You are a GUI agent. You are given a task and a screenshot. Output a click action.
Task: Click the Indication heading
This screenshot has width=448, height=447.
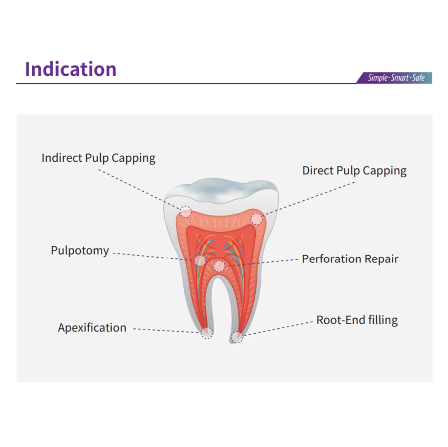coord(71,69)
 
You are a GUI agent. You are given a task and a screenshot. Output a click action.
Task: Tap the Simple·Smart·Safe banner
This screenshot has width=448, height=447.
coord(394,78)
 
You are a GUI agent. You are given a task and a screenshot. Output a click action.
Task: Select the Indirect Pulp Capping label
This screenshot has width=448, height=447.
coord(98,158)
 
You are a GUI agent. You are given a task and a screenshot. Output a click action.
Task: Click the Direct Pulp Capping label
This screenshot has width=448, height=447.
coord(354,171)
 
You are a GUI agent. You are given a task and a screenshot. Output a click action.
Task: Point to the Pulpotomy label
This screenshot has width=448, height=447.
coord(80,251)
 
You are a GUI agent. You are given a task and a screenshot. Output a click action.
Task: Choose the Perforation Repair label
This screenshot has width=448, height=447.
coord(350,259)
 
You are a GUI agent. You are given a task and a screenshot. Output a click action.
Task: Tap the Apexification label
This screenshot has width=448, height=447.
coord(92,328)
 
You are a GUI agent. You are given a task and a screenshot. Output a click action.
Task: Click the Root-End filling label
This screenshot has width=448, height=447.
coord(357,320)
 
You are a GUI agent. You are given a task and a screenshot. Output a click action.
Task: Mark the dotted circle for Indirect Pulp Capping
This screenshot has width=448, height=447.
coord(186,212)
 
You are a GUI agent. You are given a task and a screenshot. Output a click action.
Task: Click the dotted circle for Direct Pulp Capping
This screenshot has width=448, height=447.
coord(256,218)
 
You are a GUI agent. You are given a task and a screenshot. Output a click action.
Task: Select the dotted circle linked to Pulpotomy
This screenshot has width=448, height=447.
coord(200,260)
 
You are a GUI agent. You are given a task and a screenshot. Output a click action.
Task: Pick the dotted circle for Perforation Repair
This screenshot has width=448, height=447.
coord(219,266)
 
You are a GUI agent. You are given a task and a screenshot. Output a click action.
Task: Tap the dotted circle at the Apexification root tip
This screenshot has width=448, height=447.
coord(207,333)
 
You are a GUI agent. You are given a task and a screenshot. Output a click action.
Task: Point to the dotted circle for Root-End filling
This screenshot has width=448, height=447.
coord(237,337)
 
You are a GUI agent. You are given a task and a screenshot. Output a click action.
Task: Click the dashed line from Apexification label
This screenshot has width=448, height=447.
coord(167,331)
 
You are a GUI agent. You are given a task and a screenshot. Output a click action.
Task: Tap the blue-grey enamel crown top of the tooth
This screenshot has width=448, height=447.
coord(221,190)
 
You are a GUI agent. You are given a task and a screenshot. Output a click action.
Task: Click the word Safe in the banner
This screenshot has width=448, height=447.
coord(418,78)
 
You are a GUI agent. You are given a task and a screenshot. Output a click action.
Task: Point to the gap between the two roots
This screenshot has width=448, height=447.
coord(219,308)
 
